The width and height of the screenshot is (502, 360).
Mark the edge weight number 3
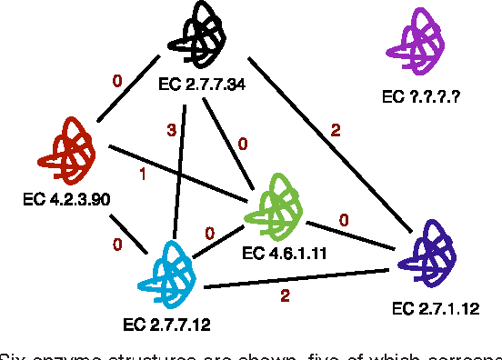[x=170, y=132]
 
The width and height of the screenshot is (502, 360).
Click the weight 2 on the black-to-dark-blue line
[x=335, y=129]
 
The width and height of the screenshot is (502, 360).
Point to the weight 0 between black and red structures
[x=116, y=82]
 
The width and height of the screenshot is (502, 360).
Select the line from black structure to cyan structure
[x=181, y=168]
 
